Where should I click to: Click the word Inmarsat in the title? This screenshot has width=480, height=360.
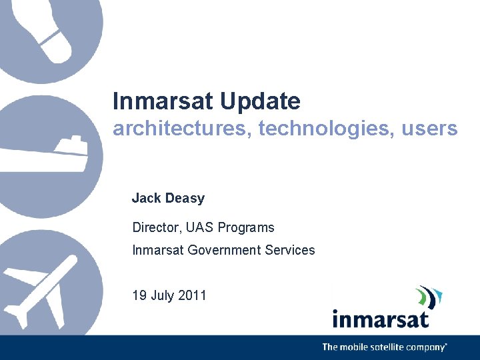163,102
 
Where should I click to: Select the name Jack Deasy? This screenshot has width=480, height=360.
168,198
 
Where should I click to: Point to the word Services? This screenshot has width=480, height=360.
290,250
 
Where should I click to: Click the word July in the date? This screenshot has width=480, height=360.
163,295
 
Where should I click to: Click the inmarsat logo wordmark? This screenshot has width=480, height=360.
381,319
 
